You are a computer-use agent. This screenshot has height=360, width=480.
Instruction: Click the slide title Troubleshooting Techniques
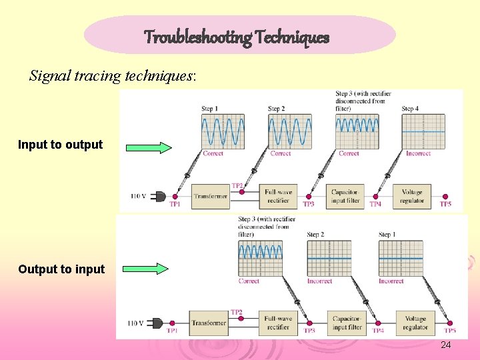237,37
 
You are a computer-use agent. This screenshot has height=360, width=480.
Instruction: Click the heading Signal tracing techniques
113,75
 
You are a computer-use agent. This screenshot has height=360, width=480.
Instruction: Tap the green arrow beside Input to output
148,148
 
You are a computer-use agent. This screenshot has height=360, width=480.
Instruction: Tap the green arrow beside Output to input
148,269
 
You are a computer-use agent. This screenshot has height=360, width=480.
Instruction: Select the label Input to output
61,145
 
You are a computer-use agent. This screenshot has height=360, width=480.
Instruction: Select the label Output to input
61,269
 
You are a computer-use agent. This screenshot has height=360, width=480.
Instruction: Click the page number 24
446,345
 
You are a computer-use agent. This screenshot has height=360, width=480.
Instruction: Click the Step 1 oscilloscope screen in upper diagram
223,131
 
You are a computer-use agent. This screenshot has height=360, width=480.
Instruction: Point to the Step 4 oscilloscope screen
423,131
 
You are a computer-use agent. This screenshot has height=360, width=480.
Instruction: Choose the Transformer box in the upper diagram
211,196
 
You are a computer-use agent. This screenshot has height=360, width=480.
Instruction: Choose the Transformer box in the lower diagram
209,323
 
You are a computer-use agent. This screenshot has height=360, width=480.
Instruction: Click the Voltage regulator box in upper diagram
412,196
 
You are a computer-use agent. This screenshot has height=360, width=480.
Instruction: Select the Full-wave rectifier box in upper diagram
278,196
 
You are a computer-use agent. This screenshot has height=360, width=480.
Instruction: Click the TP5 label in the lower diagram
450,331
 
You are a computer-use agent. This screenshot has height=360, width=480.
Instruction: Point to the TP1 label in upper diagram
175,204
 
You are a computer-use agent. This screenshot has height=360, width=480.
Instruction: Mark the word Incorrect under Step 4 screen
418,153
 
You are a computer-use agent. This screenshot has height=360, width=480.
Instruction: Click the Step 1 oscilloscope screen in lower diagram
401,257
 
